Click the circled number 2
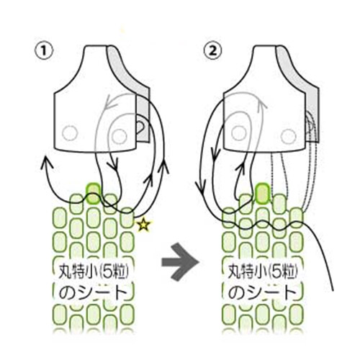212,51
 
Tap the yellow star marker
143,225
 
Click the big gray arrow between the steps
181,261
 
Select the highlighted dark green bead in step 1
94,194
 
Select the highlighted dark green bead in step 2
263,194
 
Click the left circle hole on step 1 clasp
70,133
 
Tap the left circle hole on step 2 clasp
238,133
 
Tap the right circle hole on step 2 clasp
288,136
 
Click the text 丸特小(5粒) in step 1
94,272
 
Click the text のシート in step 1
93,292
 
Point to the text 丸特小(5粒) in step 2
263,272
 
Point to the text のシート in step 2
262,292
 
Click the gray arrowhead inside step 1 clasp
108,102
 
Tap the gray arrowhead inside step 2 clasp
262,103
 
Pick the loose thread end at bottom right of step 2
333,290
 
